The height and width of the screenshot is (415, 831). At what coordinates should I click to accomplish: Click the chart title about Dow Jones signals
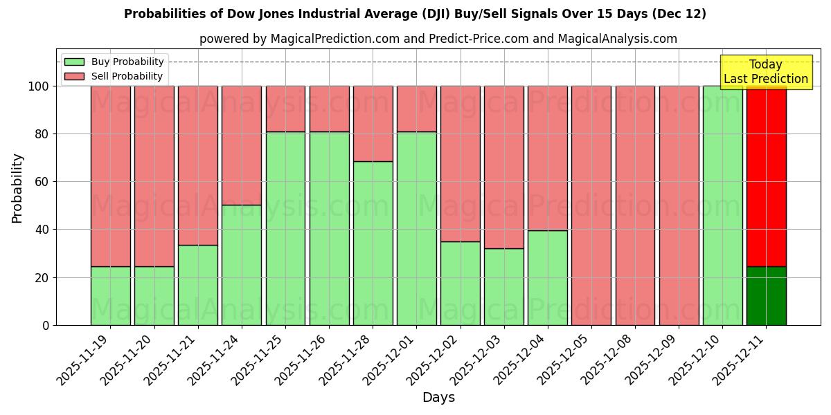click(x=415, y=14)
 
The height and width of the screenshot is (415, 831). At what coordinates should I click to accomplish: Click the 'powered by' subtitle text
click(x=438, y=39)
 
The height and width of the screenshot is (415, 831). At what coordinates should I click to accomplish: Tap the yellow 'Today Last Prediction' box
click(x=765, y=72)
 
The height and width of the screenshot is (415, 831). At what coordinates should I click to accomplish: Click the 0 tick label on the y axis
click(x=46, y=325)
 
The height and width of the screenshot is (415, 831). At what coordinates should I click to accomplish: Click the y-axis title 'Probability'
click(x=17, y=187)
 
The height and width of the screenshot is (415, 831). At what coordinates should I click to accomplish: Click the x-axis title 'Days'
click(x=438, y=398)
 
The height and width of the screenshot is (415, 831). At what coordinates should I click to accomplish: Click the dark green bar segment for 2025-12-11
click(x=766, y=296)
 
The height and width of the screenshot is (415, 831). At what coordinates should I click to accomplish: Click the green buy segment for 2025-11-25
click(x=285, y=228)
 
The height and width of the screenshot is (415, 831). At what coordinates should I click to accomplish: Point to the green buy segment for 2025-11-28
click(x=373, y=243)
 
